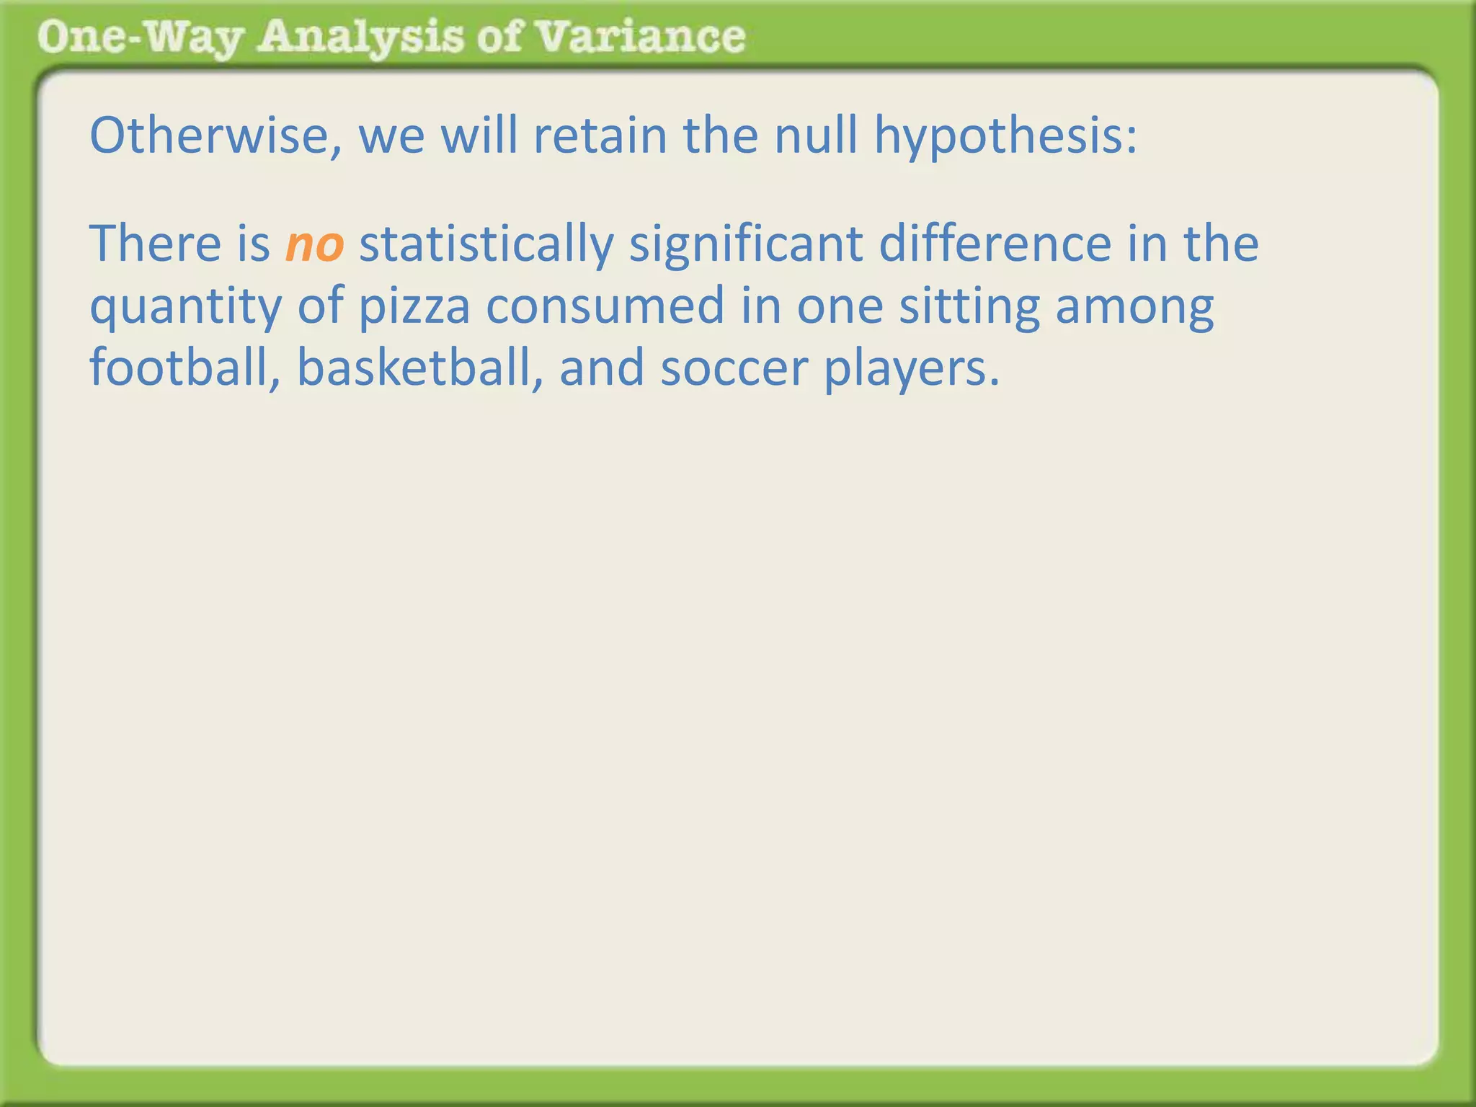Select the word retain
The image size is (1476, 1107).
600,135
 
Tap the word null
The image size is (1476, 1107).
815,135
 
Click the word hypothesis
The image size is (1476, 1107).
1005,137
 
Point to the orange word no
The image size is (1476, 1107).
314,245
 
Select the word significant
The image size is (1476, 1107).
746,245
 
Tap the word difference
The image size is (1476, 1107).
995,244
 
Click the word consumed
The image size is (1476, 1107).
605,306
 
